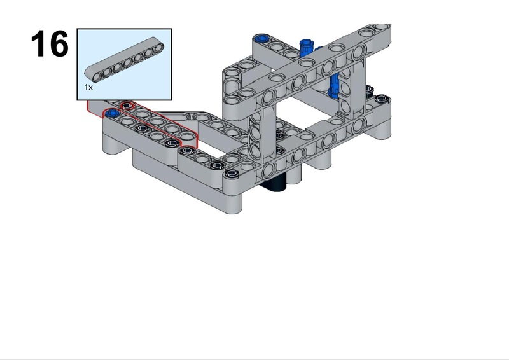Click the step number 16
tap(50, 43)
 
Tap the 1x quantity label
tap(88, 87)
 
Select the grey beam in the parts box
tap(124, 60)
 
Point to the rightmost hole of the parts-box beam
tap(158, 48)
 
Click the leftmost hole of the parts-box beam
tap(97, 76)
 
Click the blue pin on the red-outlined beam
tap(112, 113)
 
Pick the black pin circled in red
tap(127, 106)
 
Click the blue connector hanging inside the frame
tap(333, 85)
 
